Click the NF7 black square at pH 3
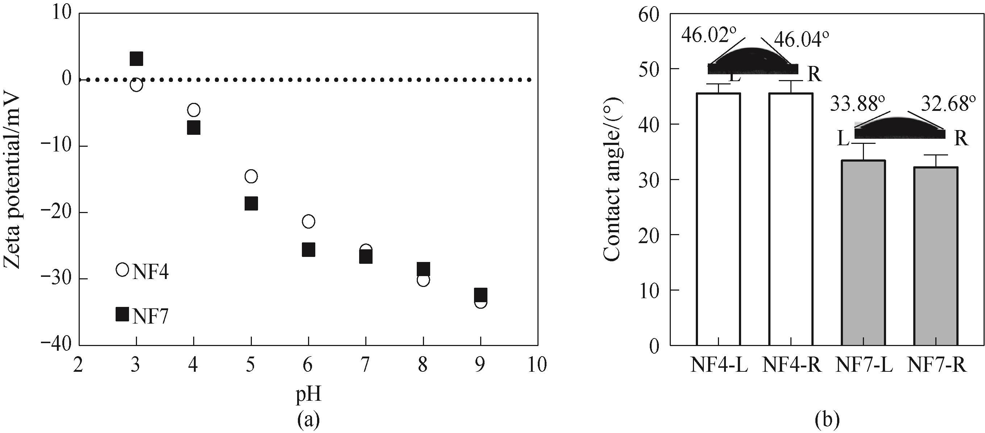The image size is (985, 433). tap(136, 58)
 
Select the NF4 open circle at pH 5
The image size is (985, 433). tap(251, 176)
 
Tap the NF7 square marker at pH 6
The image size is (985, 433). tap(308, 250)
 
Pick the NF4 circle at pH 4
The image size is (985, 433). tap(194, 110)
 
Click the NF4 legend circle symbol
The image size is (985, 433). tap(122, 270)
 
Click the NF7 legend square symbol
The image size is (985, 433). tap(122, 314)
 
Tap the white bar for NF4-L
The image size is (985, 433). tap(719, 219)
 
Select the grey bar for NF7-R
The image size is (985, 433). tap(936, 256)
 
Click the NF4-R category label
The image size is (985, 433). tap(792, 365)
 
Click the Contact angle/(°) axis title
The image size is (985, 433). tap(612, 180)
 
